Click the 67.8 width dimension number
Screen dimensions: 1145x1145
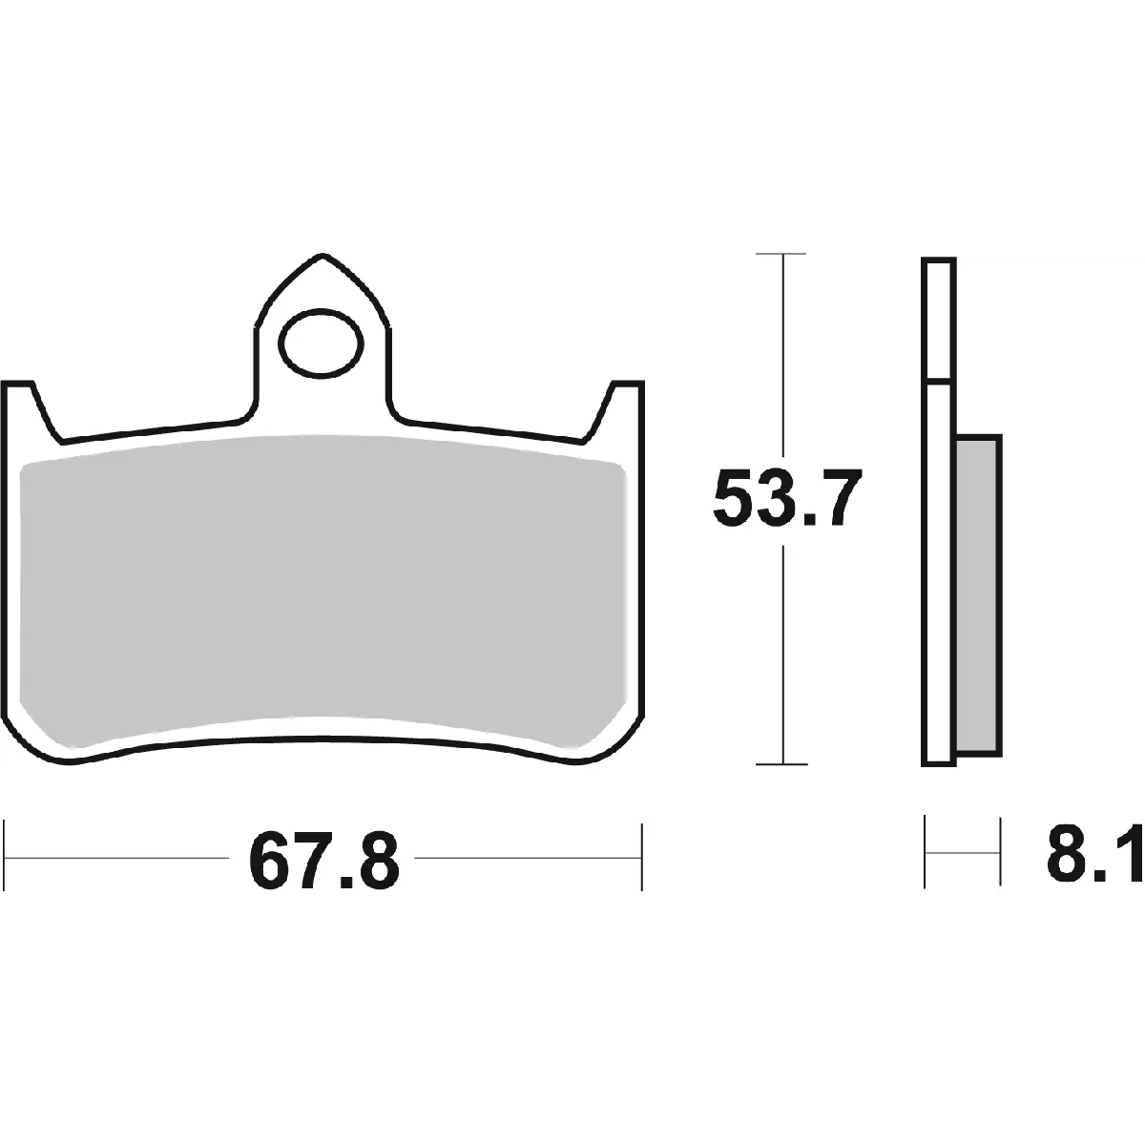(323, 858)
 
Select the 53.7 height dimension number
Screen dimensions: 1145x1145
(786, 497)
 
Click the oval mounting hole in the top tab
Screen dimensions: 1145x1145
(322, 343)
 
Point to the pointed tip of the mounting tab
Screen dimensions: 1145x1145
(323, 256)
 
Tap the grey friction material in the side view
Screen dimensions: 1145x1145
(979, 594)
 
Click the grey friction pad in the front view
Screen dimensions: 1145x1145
(323, 591)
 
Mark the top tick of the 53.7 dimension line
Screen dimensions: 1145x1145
(781, 254)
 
